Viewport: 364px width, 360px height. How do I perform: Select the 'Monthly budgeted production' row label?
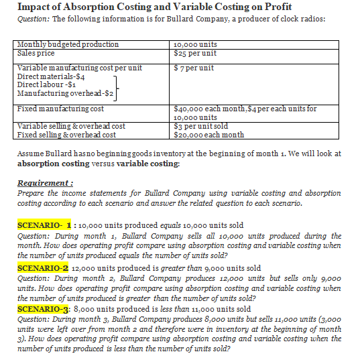68,44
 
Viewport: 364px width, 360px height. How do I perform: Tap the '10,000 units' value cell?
195,44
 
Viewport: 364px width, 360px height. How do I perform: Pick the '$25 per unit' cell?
195,53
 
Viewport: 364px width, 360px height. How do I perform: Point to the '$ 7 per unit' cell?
194,68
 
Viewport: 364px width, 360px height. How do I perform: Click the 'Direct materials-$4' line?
51,77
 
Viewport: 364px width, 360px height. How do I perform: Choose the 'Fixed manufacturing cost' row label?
61,109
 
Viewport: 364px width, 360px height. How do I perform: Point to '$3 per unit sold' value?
201,126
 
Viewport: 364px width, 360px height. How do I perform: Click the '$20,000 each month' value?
209,134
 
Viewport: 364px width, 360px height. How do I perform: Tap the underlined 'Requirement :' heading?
44,182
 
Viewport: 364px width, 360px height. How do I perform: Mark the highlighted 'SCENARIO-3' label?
44,309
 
